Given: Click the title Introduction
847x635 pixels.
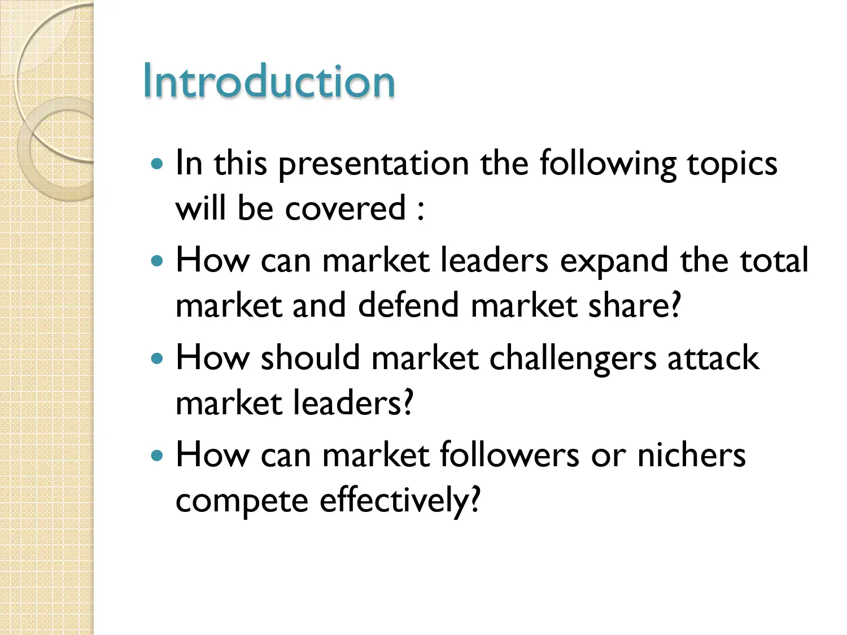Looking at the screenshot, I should pos(269,81).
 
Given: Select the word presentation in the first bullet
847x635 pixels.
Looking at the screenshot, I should pos(374,164).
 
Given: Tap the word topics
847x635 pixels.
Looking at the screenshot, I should pos(732,164).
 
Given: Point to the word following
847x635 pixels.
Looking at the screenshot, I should pos(608,164).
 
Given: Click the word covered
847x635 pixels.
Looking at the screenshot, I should pos(346,208).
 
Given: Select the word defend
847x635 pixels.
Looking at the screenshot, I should pos(408,305).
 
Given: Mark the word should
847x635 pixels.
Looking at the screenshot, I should pos(310,358).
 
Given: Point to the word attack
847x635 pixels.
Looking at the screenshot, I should pos(713,358).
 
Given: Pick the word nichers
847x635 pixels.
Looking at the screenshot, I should pos(691,455).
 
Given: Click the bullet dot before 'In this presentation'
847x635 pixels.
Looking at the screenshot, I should pos(157,164).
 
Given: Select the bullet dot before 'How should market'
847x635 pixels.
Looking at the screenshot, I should pos(157,358).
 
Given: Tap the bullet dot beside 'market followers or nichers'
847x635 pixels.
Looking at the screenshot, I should pos(157,456).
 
